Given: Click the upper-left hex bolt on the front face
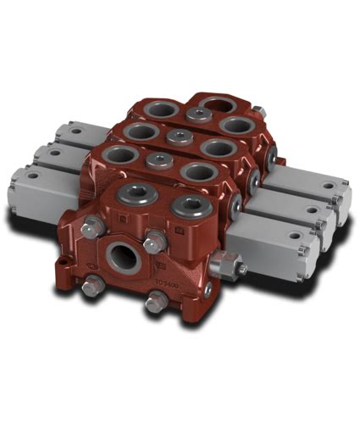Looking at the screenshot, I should [x=91, y=226].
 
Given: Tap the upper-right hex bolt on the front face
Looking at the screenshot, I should [x=153, y=243].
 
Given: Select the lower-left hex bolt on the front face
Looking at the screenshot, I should [x=88, y=287].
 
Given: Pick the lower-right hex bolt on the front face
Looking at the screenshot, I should [x=154, y=302].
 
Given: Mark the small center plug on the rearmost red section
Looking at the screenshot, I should [x=198, y=114].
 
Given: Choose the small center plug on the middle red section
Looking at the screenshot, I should [x=176, y=136].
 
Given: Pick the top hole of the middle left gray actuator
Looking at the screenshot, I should [x=53, y=153].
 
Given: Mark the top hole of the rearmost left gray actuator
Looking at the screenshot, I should [x=75, y=132].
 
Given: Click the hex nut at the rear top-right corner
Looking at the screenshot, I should [x=259, y=110].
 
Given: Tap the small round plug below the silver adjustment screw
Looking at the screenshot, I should [x=208, y=290].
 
